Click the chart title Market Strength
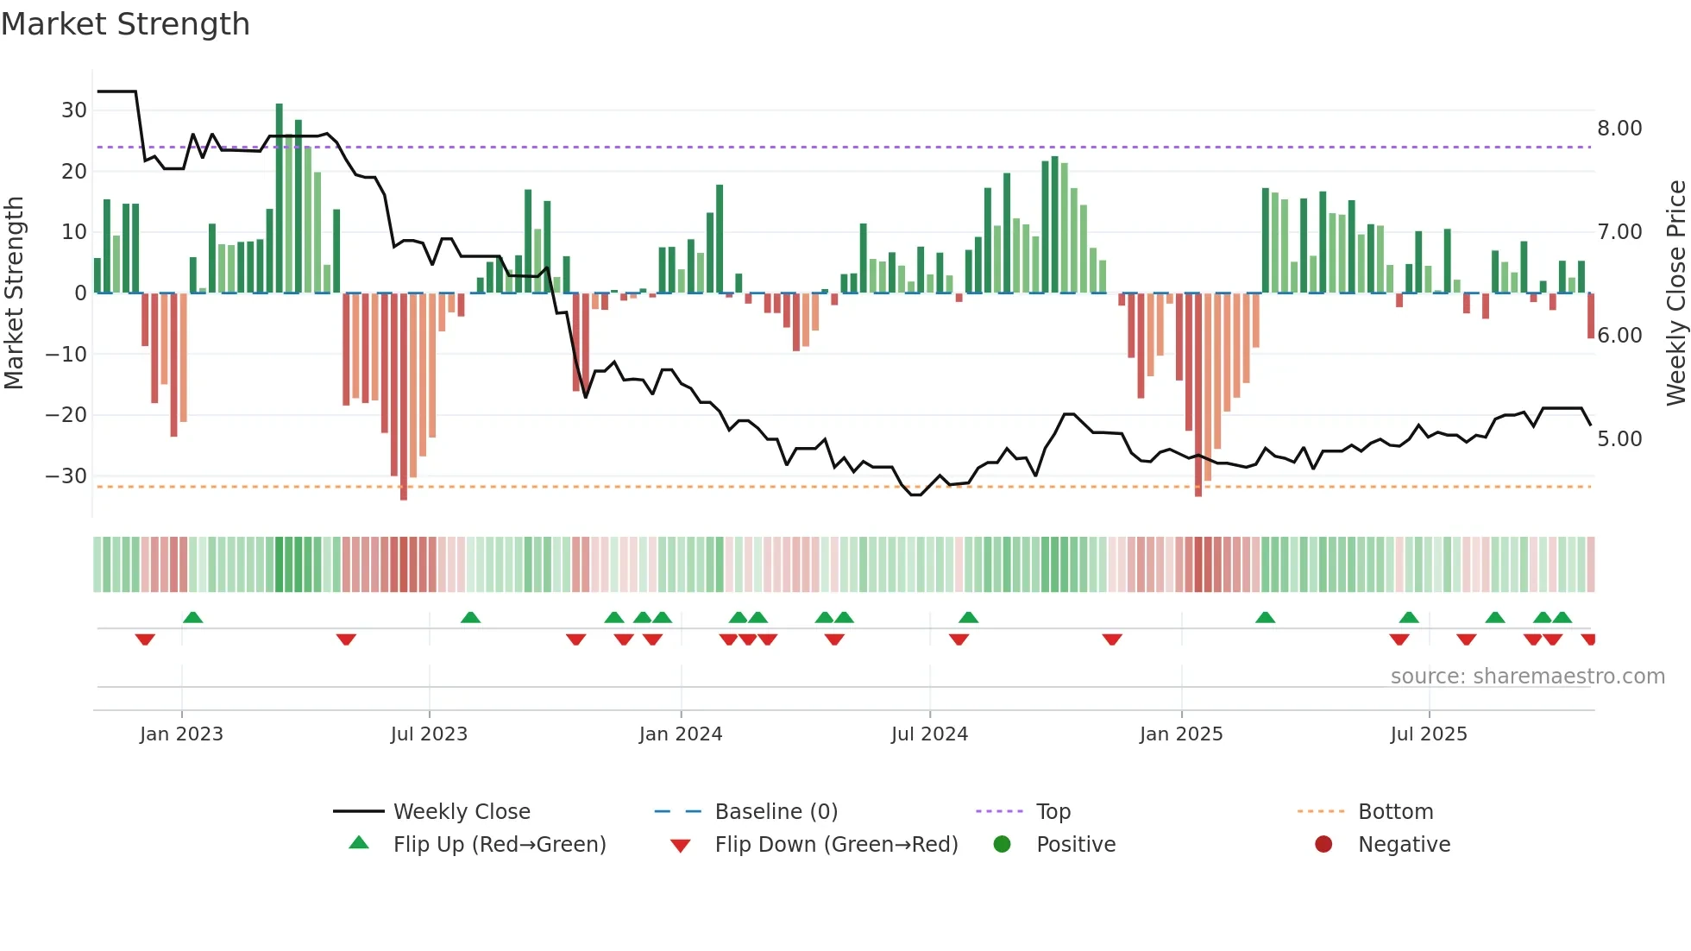tap(125, 24)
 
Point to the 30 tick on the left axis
tap(74, 110)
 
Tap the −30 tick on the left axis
tap(67, 476)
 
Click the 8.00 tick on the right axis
tap(1619, 129)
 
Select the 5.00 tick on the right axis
tap(1619, 439)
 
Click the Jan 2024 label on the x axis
tap(680, 734)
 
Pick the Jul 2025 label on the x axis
tap(1428, 734)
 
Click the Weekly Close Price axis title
tap(1675, 293)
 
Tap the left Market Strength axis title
tap(14, 293)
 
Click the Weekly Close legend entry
tap(461, 812)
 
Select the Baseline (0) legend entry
tap(776, 812)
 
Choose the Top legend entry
tap(1053, 812)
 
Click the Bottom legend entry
tap(1395, 812)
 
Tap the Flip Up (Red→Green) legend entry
tap(499, 845)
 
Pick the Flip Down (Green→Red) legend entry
tap(835, 845)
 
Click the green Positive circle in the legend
tap(1002, 844)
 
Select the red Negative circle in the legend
tap(1323, 844)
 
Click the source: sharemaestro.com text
tap(1527, 677)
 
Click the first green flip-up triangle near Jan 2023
tap(193, 617)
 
